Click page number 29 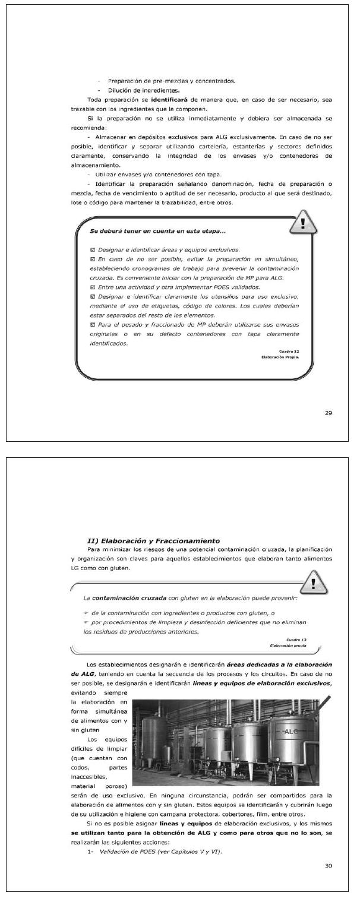tap(329, 413)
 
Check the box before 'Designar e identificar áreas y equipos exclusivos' tap(92, 249)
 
